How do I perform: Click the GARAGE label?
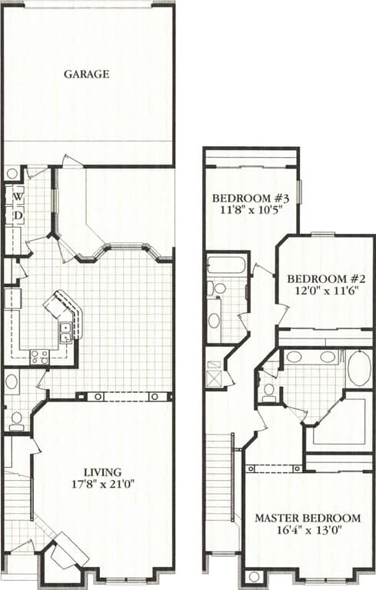point(86,75)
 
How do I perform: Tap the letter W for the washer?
point(16,197)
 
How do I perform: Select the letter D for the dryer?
point(16,215)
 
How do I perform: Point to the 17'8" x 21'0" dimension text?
point(103,485)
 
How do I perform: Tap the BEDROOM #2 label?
point(324,278)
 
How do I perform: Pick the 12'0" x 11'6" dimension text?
point(324,292)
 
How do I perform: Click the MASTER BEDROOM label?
point(308,518)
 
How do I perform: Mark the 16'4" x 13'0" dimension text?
point(308,531)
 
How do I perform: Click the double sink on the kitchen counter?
point(66,332)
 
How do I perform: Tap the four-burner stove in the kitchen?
point(39,356)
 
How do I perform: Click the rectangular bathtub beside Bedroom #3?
point(226,266)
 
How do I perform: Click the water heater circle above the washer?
point(12,174)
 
